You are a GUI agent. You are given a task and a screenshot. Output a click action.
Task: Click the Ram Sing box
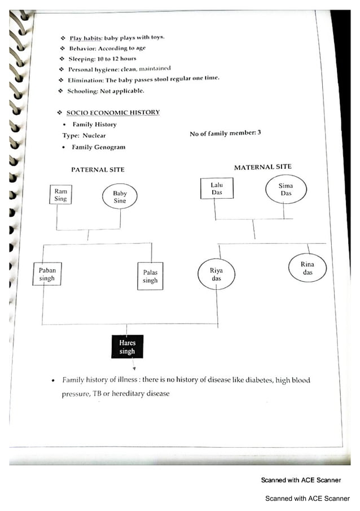pyautogui.click(x=60, y=195)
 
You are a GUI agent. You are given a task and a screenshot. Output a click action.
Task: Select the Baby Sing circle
pyautogui.click(x=119, y=197)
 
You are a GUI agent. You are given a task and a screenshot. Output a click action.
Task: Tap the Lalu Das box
pyautogui.click(x=217, y=189)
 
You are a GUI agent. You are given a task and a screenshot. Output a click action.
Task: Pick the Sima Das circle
pyautogui.click(x=286, y=189)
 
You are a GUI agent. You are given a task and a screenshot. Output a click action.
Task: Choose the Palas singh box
pyautogui.click(x=150, y=276)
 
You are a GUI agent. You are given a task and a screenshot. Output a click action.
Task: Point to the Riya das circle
pyautogui.click(x=216, y=274)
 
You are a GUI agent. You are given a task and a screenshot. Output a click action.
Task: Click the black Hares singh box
pyautogui.click(x=127, y=347)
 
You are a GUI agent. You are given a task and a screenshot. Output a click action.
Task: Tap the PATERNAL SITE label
pyautogui.click(x=98, y=169)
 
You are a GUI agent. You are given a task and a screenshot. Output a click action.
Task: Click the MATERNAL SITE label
pyautogui.click(x=263, y=167)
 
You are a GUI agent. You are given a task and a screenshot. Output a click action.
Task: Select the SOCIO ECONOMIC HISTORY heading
pyautogui.click(x=113, y=112)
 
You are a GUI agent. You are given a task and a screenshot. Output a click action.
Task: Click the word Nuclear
pyautogui.click(x=94, y=136)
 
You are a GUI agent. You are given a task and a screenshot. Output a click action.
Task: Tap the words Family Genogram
pyautogui.click(x=98, y=147)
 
